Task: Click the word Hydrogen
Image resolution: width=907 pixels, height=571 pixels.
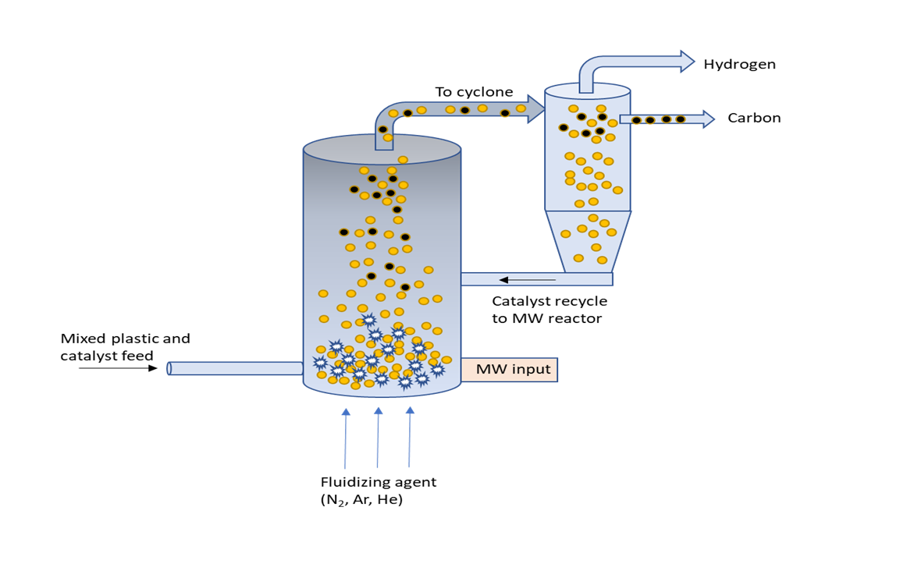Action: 739,64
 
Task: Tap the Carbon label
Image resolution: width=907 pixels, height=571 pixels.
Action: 754,119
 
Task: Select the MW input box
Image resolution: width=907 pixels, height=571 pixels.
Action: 509,369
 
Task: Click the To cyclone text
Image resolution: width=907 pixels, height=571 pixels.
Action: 474,92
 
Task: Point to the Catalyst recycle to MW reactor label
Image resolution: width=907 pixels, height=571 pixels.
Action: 549,309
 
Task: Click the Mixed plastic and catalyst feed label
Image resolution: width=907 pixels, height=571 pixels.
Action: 125,347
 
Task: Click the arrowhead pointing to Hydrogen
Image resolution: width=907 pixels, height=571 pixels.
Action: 686,61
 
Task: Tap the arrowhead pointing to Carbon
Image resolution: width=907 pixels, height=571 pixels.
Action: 707,119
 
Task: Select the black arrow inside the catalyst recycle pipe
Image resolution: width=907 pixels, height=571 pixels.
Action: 527,279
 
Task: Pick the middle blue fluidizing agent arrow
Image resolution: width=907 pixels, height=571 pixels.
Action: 378,437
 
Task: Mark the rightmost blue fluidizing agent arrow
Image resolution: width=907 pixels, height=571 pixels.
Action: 410,437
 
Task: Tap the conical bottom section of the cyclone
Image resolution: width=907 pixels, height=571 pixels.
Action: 588,241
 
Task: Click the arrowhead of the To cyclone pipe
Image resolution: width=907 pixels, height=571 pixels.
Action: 535,108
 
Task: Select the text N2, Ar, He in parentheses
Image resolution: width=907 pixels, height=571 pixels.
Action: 361,500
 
